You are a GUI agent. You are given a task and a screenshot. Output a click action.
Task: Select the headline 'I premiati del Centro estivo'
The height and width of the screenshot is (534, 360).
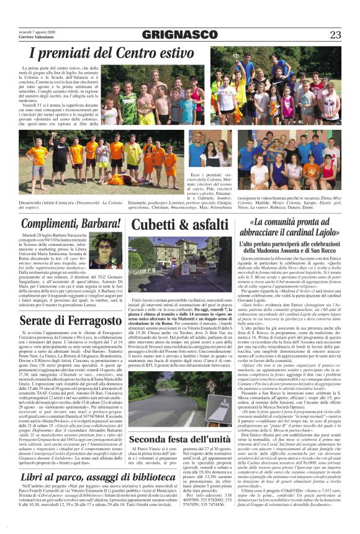(x=112, y=54)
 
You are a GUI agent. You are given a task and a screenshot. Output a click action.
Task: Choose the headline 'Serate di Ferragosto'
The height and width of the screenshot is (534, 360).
(x=62, y=319)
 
